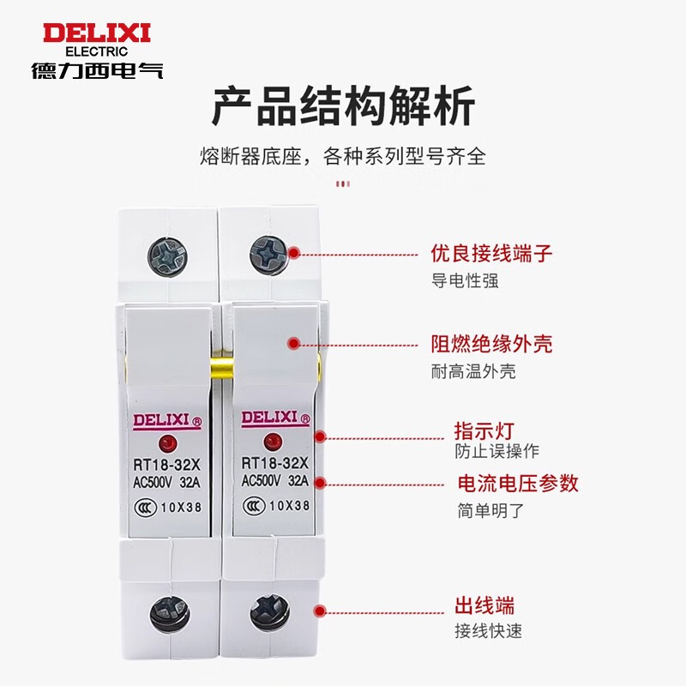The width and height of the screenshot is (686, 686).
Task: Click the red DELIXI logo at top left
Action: (x=97, y=33)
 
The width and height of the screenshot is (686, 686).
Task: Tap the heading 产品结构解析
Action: (x=343, y=106)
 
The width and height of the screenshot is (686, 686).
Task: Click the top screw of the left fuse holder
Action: (x=167, y=256)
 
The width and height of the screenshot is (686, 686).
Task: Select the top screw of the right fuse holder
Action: (x=269, y=254)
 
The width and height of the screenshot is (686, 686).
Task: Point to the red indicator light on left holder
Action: (x=167, y=444)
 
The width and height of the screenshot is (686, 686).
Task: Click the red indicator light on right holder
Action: (x=273, y=442)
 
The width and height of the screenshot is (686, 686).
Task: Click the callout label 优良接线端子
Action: (x=491, y=253)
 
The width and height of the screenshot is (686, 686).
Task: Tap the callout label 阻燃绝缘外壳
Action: (x=491, y=344)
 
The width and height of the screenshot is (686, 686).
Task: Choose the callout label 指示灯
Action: (x=484, y=431)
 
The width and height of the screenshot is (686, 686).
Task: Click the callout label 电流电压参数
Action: (x=518, y=484)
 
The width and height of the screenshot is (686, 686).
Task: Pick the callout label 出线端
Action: (x=484, y=606)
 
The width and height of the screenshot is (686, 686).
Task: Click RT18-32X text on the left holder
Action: (x=166, y=465)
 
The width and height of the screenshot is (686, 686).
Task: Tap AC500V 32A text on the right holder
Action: (x=275, y=481)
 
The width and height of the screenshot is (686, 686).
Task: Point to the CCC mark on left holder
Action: (x=145, y=508)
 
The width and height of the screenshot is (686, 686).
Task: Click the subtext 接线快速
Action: (x=488, y=631)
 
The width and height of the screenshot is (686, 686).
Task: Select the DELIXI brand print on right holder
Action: (x=275, y=418)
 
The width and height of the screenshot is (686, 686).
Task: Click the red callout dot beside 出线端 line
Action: (x=320, y=611)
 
